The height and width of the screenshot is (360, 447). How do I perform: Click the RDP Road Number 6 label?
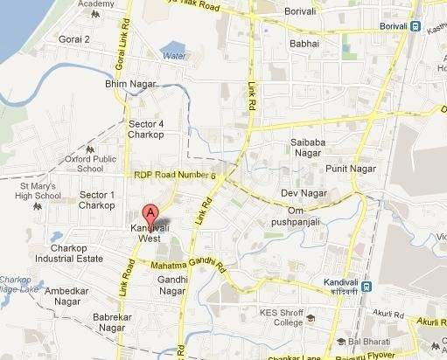(174, 176)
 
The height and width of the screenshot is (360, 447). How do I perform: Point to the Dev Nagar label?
(297, 192)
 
